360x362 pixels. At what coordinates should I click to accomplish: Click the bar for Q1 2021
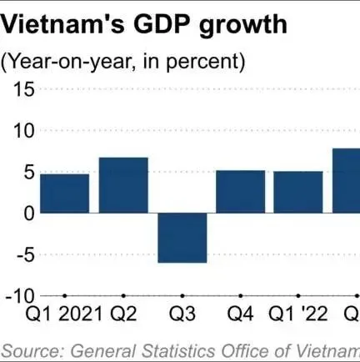64,193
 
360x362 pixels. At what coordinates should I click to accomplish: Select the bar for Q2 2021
123,184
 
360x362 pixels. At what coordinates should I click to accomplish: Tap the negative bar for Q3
182,238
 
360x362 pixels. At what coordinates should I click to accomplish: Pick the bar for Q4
240,191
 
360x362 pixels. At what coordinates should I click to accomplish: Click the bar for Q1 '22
298,192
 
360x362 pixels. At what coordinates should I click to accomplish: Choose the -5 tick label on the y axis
22,255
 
